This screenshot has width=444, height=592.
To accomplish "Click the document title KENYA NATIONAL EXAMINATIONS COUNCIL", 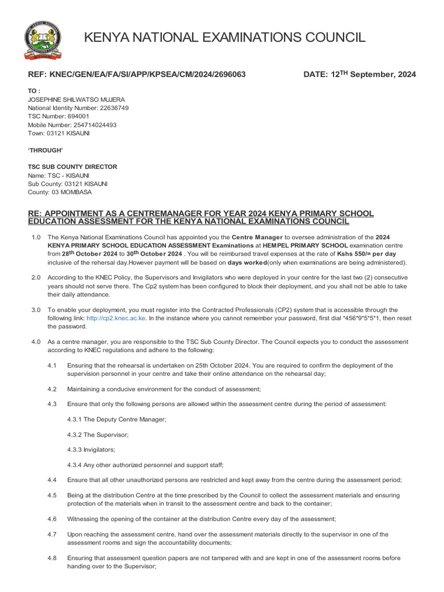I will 225,38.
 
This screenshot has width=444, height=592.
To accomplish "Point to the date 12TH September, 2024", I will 360,74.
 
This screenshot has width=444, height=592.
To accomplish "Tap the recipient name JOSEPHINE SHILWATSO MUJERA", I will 76,99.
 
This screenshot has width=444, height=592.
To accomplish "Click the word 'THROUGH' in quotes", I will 46,150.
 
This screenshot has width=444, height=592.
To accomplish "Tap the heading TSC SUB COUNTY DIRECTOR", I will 72,167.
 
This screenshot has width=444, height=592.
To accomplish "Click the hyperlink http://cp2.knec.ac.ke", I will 116,318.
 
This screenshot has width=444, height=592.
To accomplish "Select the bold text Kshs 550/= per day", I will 367,254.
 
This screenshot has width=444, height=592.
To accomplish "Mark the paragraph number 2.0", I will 36,279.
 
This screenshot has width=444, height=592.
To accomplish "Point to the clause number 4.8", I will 52,558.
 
